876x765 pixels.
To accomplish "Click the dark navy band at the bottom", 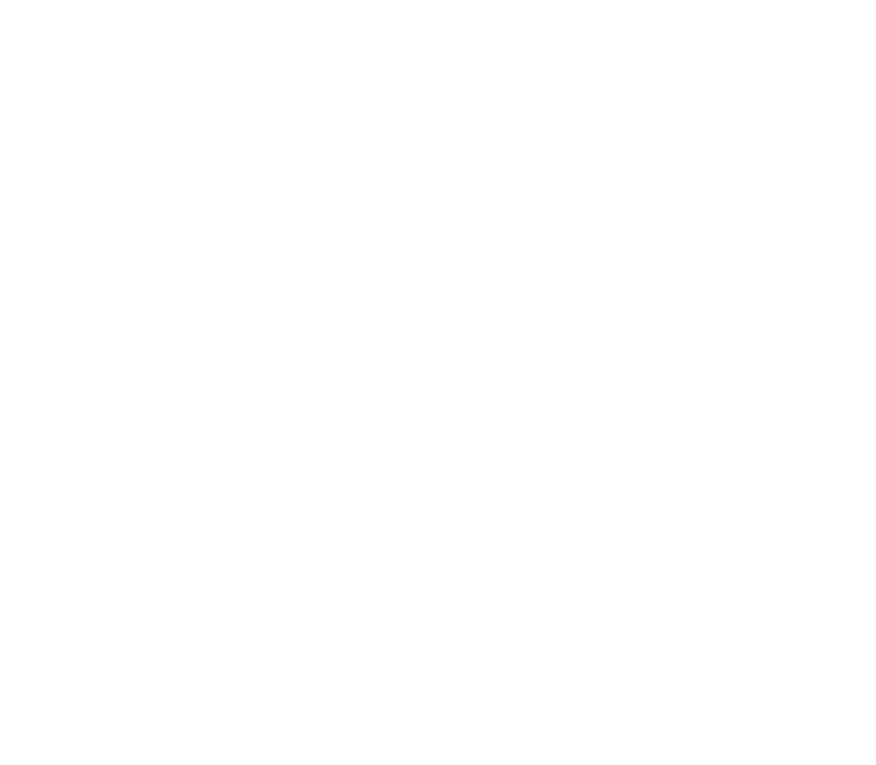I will pyautogui.click(x=438, y=615).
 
